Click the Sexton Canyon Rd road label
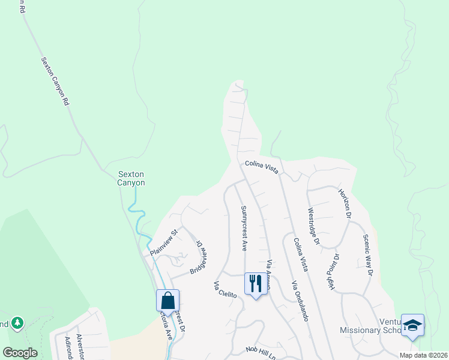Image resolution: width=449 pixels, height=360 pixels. tap(56, 82)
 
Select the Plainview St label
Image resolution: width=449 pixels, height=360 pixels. tap(164, 242)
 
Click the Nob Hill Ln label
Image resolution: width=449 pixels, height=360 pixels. tap(259, 350)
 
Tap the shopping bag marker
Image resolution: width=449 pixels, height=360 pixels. tap(168, 301)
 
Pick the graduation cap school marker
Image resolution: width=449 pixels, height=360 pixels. tap(413, 325)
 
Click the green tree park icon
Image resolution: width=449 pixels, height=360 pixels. tap(17, 323)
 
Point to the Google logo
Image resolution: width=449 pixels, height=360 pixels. tap(20, 353)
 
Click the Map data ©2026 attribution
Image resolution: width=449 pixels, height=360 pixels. tap(423, 355)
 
